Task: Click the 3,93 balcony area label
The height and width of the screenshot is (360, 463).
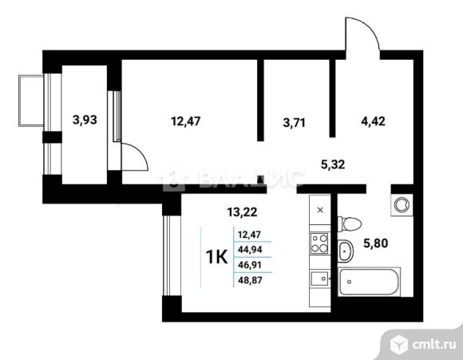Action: click(x=85, y=121)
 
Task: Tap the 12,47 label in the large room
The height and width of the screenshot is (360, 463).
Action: click(x=186, y=121)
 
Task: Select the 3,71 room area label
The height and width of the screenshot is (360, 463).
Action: click(x=294, y=122)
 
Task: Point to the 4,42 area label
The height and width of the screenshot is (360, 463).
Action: click(x=374, y=121)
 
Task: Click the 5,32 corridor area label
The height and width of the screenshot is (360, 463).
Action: click(x=333, y=164)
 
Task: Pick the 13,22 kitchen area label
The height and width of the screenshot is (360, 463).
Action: click(x=242, y=212)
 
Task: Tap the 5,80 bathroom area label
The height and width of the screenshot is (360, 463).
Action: click(x=376, y=243)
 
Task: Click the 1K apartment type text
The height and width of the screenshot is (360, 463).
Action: click(x=217, y=257)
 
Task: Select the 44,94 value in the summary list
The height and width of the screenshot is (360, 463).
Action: click(x=250, y=250)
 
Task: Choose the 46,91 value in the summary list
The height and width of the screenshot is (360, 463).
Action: click(x=250, y=265)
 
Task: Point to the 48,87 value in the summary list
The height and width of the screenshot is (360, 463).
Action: click(x=250, y=280)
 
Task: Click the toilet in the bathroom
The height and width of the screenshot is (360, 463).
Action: click(x=350, y=224)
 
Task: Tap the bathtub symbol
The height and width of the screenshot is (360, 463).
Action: click(x=369, y=282)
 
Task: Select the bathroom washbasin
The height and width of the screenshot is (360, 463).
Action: click(x=345, y=251)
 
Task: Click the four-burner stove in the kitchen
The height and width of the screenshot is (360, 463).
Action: click(x=320, y=243)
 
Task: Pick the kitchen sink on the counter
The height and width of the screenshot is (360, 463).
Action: click(x=319, y=279)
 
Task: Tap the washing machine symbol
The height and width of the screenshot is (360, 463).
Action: click(x=402, y=204)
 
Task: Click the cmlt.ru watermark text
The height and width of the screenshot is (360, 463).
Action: click(x=434, y=344)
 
